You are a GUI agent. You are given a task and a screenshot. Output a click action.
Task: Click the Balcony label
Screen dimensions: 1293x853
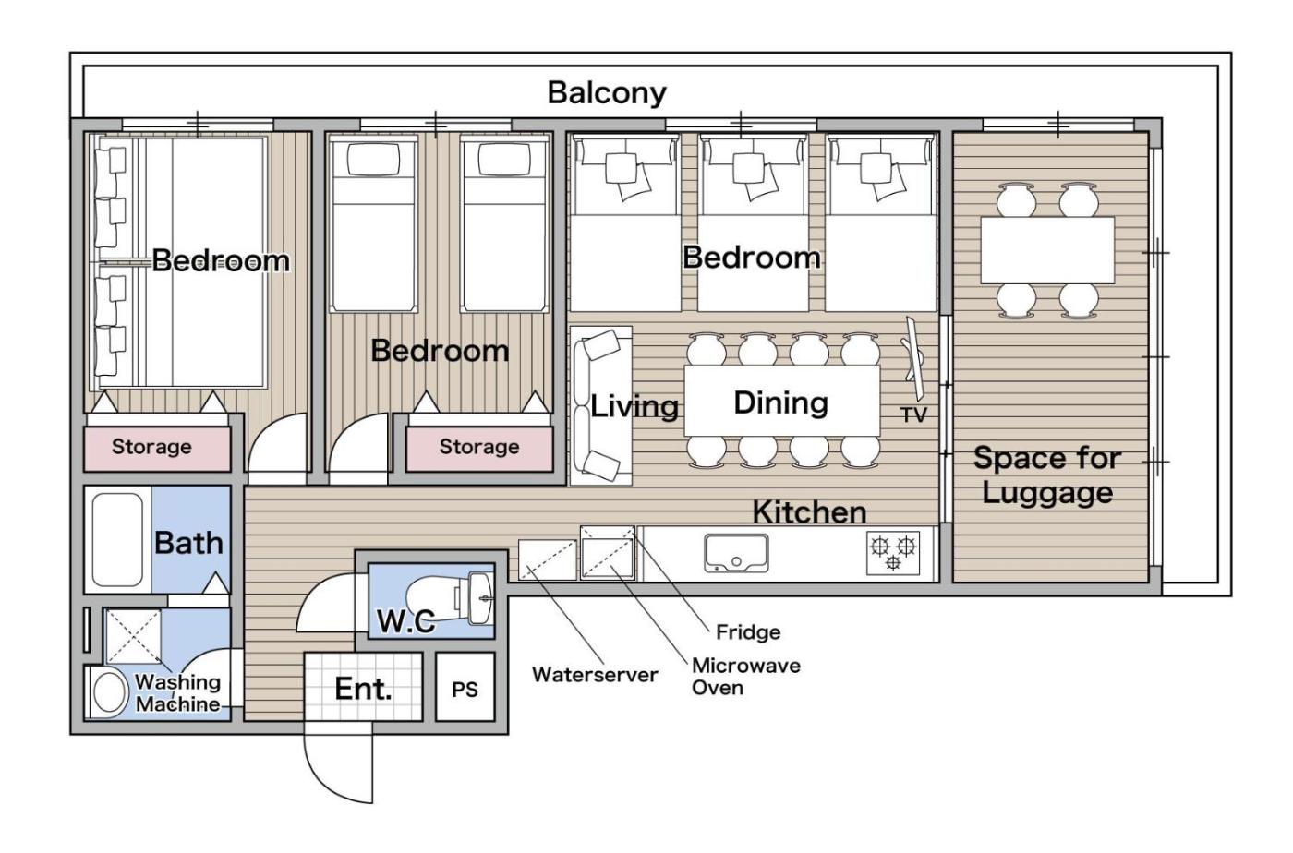pos(607,93)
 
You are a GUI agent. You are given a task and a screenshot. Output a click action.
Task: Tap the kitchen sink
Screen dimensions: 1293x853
pos(736,553)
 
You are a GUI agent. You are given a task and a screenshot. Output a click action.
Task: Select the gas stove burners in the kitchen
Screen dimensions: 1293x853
pos(893,553)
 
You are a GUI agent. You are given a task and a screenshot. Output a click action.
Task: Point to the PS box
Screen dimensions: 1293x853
pos(465,687)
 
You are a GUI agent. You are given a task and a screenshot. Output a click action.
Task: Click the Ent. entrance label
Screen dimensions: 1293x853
pos(363,689)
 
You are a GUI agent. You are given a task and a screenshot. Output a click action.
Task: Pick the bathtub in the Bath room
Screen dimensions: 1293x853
pos(118,540)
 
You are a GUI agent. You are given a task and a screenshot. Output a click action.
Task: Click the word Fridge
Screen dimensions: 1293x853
pos(748,632)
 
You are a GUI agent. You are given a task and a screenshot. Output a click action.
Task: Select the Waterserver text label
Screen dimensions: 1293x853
pos(595,675)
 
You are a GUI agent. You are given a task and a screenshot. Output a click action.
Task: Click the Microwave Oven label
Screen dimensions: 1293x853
pos(746,677)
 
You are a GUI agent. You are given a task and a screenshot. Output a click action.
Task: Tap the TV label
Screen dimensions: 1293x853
pos(913,414)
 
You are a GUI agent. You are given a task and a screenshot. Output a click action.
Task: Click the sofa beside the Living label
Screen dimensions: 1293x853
pos(601,405)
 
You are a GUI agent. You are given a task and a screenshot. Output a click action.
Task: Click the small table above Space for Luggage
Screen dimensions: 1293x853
pos(1047,250)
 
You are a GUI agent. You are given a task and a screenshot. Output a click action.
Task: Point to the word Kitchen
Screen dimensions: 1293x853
pos(809,512)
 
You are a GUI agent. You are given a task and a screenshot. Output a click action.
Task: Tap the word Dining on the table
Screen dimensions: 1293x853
pos(781,402)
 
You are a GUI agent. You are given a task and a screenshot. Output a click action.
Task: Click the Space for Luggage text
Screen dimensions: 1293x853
pos(1047,475)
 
